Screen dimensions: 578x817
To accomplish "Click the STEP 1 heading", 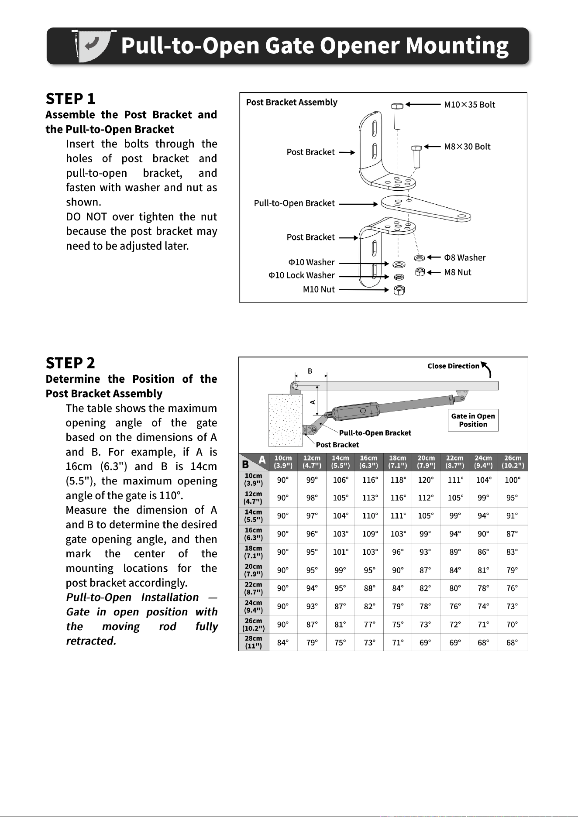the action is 70,99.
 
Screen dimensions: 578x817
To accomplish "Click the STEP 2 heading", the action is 70,363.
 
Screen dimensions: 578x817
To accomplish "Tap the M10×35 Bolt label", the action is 470,105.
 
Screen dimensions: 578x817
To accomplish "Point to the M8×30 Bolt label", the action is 467,147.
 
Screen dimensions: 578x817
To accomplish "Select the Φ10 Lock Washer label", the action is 301,275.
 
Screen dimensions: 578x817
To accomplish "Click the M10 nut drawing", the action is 399,290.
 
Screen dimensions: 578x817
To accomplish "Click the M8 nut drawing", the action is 420,272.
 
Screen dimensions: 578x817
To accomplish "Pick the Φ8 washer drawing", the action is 420,258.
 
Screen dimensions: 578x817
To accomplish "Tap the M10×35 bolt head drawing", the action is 397,106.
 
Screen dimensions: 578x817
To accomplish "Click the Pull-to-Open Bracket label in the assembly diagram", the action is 294,203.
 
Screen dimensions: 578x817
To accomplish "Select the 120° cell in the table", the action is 426,480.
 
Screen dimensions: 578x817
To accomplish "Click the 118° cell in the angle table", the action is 398,480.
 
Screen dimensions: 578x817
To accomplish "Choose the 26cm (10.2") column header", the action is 513,462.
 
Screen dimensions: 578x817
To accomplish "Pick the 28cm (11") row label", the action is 254,642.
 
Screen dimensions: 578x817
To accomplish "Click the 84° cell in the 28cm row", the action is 283,642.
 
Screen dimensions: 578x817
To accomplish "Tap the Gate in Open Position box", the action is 473,420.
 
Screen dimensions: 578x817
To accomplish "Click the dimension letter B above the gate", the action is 310,371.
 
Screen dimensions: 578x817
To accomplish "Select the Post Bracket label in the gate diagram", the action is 337,445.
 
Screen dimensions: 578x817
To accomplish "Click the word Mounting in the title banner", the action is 457,46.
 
